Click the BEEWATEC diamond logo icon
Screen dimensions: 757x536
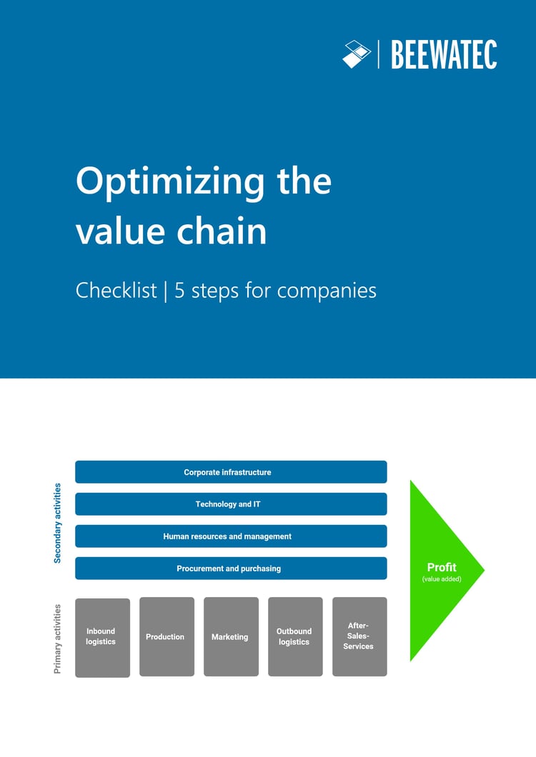(x=357, y=54)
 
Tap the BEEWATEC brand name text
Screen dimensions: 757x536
(x=444, y=55)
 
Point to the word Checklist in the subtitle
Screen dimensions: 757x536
(x=116, y=291)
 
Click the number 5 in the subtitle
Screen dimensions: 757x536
(x=179, y=291)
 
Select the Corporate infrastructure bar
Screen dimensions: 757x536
(x=231, y=472)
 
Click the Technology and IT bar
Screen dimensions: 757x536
(x=231, y=504)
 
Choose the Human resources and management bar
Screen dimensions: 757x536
(x=231, y=536)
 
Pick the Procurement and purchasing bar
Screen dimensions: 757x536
(x=231, y=568)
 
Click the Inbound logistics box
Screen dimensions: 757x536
(x=102, y=637)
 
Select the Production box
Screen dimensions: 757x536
(x=167, y=636)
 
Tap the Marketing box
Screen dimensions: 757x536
(x=231, y=636)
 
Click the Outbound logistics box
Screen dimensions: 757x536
(x=295, y=636)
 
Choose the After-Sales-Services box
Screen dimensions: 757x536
(x=359, y=636)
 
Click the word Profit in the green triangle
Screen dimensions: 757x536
(x=442, y=568)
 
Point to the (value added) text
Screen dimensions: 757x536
(x=442, y=579)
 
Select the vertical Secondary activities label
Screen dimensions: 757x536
(x=57, y=523)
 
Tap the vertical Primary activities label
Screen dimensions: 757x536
(x=57, y=638)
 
